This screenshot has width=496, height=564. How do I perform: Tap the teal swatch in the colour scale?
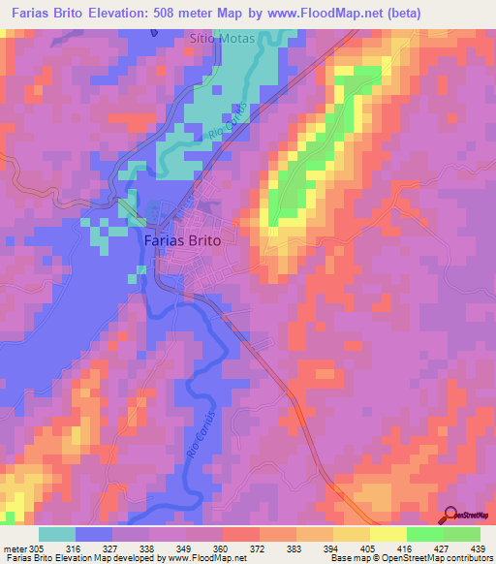[57, 534]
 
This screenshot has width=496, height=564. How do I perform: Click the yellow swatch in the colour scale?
[388, 534]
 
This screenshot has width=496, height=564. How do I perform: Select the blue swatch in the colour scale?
[94, 534]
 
